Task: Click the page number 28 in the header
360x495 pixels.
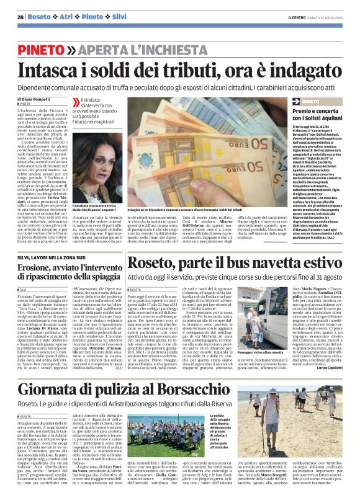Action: [20, 17]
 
